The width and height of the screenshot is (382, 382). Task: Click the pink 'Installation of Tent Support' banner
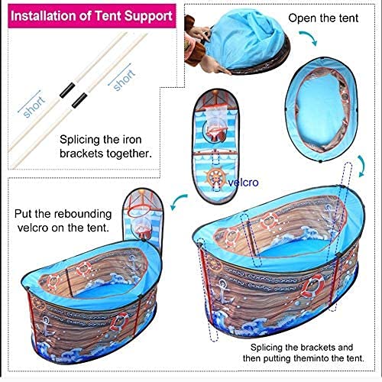tap(92, 16)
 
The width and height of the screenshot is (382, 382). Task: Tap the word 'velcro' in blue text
tap(243, 183)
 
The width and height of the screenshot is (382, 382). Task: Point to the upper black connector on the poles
tap(67, 90)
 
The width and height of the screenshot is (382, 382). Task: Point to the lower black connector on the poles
tap(79, 101)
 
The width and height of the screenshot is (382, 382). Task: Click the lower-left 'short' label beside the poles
tap(34, 107)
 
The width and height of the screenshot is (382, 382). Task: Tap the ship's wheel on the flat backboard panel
tap(216, 176)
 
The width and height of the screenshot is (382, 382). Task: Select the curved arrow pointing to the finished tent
tap(178, 200)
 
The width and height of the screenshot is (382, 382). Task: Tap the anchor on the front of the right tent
tap(223, 291)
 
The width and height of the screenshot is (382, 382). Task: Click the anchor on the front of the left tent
tap(46, 326)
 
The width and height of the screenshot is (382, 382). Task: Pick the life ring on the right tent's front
tap(312, 286)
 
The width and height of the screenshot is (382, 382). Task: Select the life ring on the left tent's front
tap(119, 322)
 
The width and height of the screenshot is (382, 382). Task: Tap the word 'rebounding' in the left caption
tap(84, 215)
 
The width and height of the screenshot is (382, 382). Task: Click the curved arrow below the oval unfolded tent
tap(362, 166)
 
